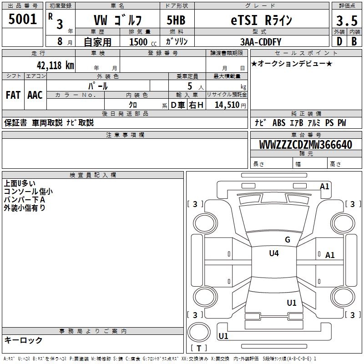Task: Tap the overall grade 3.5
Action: [x=346, y=20]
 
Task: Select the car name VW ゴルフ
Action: [x=117, y=20]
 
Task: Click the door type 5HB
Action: [x=176, y=20]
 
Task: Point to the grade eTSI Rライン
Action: [x=260, y=20]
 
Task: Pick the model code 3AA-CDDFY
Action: [x=261, y=41]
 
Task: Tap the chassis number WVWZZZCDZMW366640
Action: [x=306, y=145]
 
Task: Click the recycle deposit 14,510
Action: [x=227, y=105]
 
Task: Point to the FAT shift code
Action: [x=13, y=95]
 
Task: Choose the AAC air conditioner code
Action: [x=35, y=95]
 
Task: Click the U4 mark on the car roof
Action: [x=274, y=253]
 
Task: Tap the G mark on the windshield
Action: [x=287, y=240]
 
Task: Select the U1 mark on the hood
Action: [x=292, y=303]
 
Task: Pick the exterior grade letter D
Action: [x=339, y=41]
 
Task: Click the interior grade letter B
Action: [x=354, y=41]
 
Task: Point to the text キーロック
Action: [x=23, y=340]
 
